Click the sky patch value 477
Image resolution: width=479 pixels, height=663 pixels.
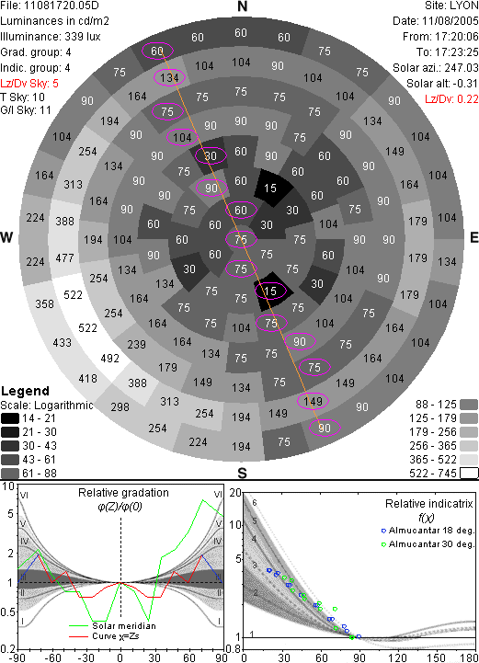(64, 257)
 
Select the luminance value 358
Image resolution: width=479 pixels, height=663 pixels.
(44, 303)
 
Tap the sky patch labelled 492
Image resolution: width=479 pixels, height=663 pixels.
(110, 358)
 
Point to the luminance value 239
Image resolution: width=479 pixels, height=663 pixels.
(137, 344)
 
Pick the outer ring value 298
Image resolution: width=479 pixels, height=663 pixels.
(120, 406)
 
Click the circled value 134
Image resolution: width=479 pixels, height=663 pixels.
(169, 78)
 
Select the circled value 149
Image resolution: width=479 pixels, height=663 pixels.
(313, 401)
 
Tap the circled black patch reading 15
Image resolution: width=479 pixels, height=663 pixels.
(270, 291)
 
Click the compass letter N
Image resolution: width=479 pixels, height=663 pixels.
(242, 6)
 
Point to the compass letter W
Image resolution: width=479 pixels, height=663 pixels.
(6, 237)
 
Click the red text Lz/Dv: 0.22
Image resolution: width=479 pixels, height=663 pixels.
(451, 99)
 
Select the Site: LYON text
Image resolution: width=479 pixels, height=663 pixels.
(451, 6)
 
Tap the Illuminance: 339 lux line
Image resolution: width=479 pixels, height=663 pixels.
(51, 37)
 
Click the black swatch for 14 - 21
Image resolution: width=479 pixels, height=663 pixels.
(10, 418)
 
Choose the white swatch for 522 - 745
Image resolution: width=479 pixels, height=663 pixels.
(469, 474)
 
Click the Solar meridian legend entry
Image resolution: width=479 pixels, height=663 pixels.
(112, 626)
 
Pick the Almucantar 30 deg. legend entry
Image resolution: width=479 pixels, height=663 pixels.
(428, 544)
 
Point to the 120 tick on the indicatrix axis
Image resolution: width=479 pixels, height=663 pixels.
(396, 657)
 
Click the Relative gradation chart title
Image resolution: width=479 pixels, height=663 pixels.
(123, 493)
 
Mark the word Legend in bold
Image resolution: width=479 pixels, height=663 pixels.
(26, 391)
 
